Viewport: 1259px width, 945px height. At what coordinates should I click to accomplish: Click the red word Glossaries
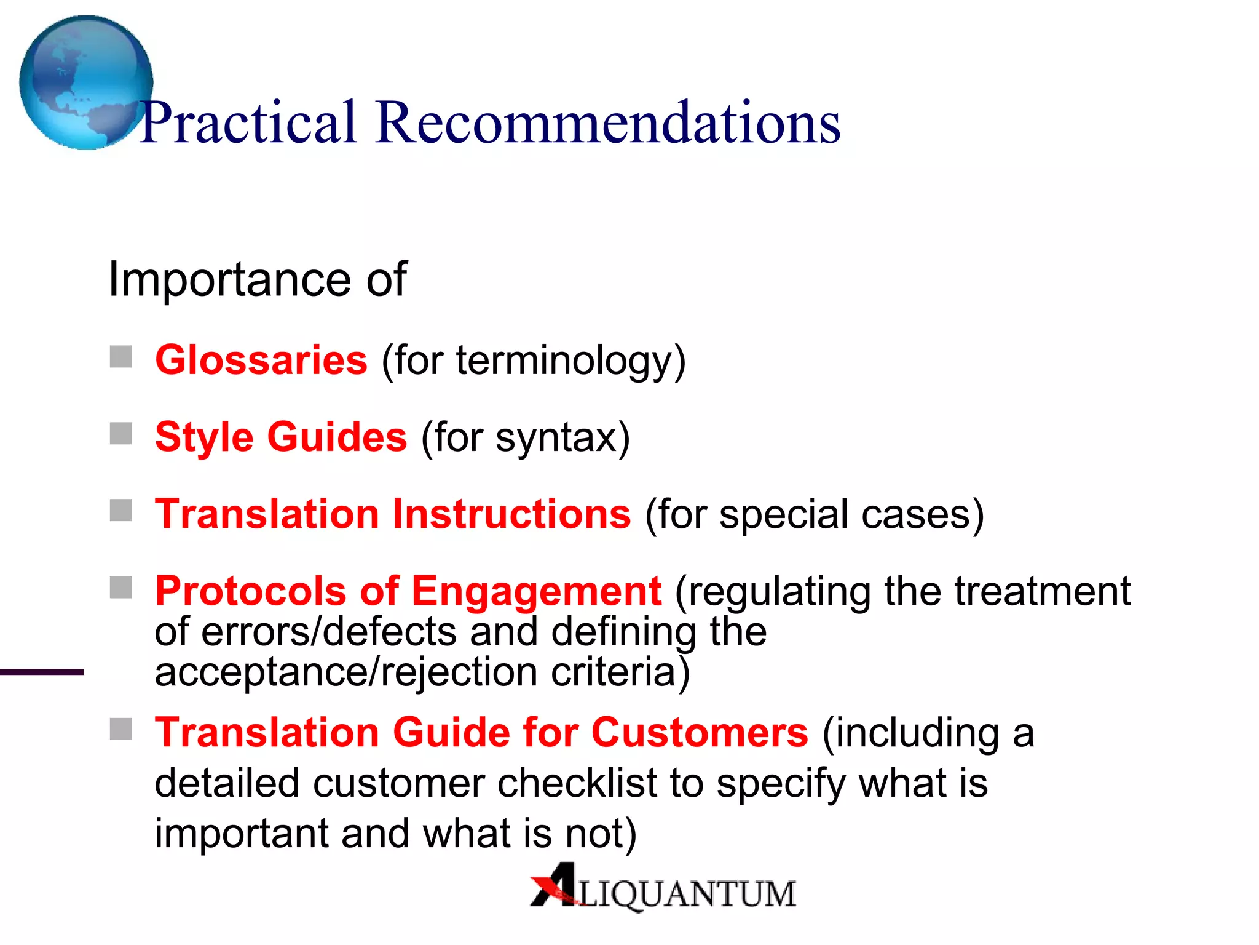[x=261, y=360]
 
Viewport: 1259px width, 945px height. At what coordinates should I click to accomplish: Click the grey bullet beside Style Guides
[x=121, y=434]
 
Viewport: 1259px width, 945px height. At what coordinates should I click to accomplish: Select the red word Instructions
[x=511, y=514]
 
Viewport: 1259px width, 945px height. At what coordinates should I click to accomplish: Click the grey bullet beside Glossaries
[x=121, y=357]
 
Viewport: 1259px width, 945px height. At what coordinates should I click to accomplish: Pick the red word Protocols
[x=251, y=591]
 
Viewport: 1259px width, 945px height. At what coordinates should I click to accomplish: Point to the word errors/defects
[x=329, y=632]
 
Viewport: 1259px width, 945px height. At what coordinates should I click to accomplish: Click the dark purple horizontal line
[x=41, y=672]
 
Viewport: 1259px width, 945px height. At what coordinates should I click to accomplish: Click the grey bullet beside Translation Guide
[x=121, y=730]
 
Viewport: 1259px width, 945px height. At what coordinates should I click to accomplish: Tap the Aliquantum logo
[x=663, y=888]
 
